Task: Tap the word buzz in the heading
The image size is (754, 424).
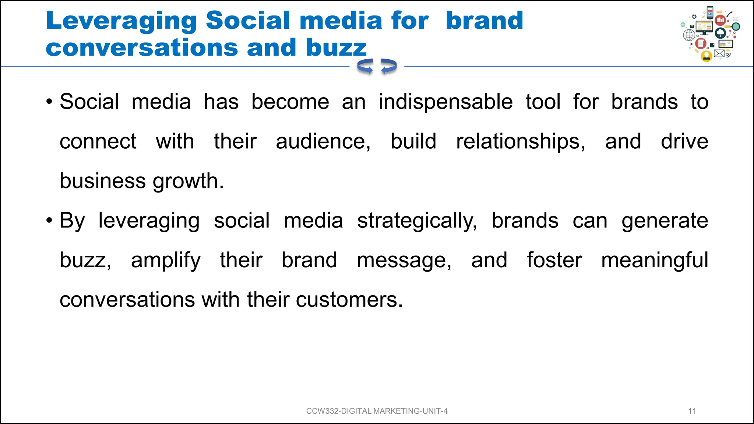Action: (336, 48)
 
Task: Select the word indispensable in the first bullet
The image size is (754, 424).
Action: (445, 102)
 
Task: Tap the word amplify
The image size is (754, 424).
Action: (166, 261)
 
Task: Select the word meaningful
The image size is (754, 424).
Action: (654, 260)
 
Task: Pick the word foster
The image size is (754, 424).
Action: (554, 260)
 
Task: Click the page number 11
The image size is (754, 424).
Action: (692, 411)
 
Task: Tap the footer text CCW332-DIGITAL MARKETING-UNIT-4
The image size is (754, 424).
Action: (377, 411)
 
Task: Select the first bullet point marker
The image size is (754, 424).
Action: (49, 102)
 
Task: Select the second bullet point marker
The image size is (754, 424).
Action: (49, 221)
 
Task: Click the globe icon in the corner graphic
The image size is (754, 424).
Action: (689, 35)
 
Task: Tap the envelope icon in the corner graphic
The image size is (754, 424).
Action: (719, 54)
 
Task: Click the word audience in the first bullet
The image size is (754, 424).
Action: (323, 142)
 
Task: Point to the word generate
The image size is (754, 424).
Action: (665, 221)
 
